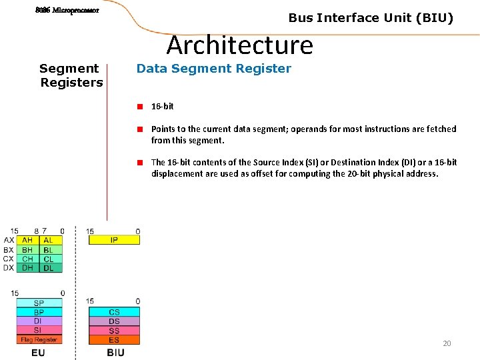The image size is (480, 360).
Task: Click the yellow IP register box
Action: click(x=114, y=240)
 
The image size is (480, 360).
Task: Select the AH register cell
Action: click(x=27, y=240)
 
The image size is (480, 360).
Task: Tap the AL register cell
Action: click(x=51, y=240)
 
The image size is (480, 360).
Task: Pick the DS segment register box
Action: click(x=114, y=321)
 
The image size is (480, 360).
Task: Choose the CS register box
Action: click(x=114, y=312)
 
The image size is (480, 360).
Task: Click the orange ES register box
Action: click(x=114, y=340)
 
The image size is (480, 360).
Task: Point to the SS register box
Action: click(x=114, y=331)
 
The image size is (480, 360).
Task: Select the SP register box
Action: click(x=39, y=303)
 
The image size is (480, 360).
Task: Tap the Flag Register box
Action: click(x=39, y=339)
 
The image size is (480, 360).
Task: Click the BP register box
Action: click(x=39, y=312)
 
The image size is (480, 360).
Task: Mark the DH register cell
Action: click(x=27, y=268)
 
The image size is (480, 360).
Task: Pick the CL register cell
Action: click(x=51, y=259)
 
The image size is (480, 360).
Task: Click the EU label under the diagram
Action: click(x=39, y=352)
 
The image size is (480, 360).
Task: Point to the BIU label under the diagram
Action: click(x=115, y=352)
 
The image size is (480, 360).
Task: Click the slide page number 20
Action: click(x=447, y=343)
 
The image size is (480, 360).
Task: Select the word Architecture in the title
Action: click(x=239, y=45)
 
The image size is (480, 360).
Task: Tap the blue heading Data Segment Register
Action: click(x=213, y=69)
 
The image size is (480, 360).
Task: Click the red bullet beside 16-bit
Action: click(x=141, y=106)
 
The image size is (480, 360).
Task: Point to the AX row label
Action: click(x=9, y=240)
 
